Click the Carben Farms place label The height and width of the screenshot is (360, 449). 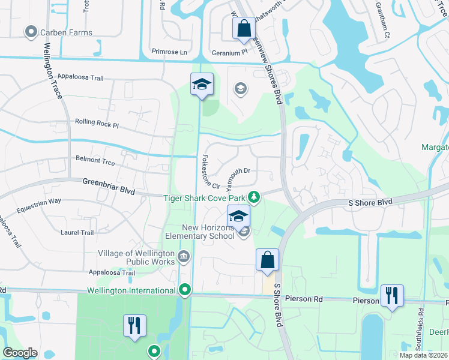[66, 32]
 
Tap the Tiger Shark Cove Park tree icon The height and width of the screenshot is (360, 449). [255, 197]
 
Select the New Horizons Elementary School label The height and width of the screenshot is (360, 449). [208, 232]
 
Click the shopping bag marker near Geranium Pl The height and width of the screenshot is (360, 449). [244, 29]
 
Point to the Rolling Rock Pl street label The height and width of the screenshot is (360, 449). [97, 122]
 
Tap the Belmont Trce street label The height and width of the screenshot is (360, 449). [95, 160]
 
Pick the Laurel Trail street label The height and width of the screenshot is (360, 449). [77, 232]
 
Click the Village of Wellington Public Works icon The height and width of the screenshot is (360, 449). [183, 257]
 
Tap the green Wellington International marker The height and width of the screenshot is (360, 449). [185, 290]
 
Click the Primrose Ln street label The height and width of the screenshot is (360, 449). [170, 52]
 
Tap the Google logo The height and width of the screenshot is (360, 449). [20, 353]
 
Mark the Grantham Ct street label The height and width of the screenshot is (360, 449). [383, 24]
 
